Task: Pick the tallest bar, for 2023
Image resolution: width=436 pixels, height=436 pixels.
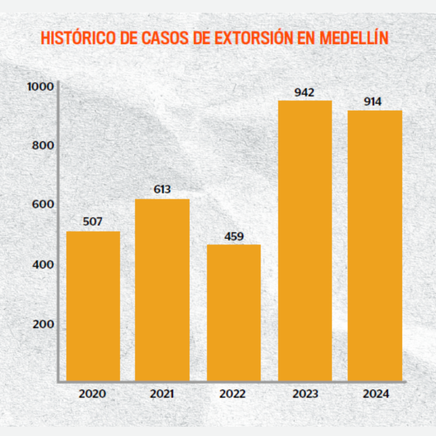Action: click(x=305, y=241)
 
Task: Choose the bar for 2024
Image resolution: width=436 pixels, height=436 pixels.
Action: click(x=375, y=245)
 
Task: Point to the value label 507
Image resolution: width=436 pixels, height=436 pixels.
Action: click(x=93, y=221)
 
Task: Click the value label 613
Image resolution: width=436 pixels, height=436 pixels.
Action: click(x=162, y=190)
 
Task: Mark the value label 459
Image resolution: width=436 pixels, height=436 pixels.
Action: click(x=234, y=235)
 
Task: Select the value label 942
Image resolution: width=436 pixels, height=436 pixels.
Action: click(x=305, y=92)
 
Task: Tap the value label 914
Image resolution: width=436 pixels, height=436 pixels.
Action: click(x=373, y=101)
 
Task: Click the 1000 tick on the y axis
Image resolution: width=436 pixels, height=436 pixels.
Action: click(x=41, y=87)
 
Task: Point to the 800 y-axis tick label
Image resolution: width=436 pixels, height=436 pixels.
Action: click(x=43, y=145)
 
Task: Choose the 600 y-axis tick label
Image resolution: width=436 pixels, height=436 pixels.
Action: click(x=43, y=205)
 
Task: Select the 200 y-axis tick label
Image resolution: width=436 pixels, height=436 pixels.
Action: click(x=43, y=324)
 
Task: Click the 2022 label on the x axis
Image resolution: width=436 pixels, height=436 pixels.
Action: click(x=233, y=394)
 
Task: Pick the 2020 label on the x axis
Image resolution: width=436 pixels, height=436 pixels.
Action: click(x=92, y=394)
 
